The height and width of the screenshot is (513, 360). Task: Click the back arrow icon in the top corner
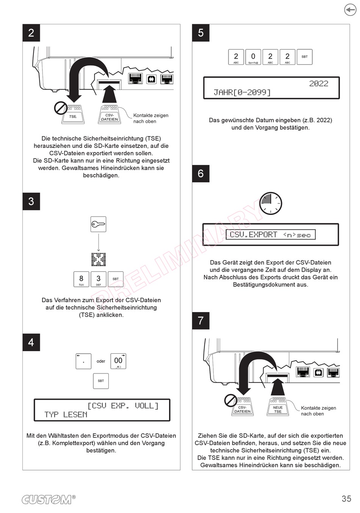coord(350,10)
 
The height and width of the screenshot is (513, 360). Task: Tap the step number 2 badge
coord(31,33)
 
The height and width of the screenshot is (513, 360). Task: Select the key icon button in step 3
coord(98,224)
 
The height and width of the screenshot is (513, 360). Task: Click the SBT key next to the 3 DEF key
coord(116,279)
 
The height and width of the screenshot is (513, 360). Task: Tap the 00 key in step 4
coord(118,361)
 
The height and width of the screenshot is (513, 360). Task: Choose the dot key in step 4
coord(83,361)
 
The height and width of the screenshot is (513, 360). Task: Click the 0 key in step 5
coord(253,57)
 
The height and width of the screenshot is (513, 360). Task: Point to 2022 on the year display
coord(319,83)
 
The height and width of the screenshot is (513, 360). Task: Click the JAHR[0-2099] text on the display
coord(242,92)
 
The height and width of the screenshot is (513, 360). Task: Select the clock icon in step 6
coord(271,203)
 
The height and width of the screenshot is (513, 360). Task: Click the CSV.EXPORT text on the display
coord(254,235)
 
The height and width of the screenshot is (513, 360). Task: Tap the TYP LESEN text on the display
coord(66,414)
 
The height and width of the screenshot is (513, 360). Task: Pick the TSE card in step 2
coord(73,115)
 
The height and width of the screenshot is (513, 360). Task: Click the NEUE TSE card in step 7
coord(278,407)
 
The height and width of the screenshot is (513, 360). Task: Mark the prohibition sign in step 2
coord(61,108)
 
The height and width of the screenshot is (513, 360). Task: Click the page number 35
coord(346,499)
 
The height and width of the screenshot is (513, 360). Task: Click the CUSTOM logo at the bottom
coord(49,499)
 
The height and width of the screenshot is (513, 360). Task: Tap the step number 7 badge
coord(201,321)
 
